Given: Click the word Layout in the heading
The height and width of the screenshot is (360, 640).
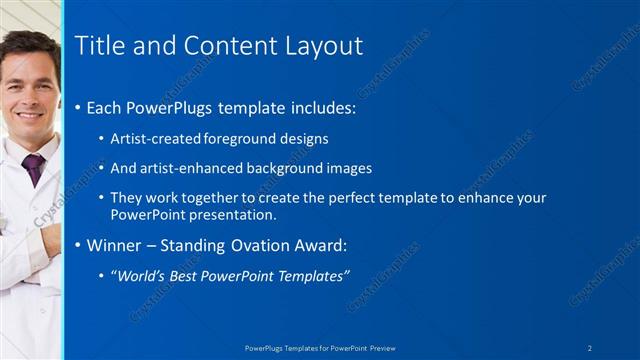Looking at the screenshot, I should (319, 45).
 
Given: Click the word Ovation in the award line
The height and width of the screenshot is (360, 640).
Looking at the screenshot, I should (271, 244).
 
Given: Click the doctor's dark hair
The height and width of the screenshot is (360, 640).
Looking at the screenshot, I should (30, 45).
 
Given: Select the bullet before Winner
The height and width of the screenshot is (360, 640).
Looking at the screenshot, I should (79, 245).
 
